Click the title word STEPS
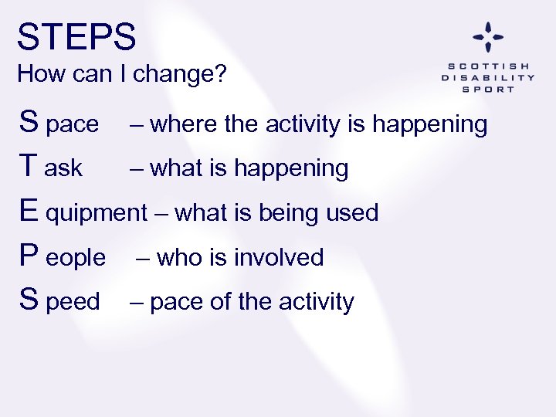pos(76,37)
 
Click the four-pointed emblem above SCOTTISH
pos(488,37)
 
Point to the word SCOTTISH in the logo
pos(488,66)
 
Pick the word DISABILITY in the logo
pos(488,77)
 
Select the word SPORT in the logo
pos(488,89)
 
